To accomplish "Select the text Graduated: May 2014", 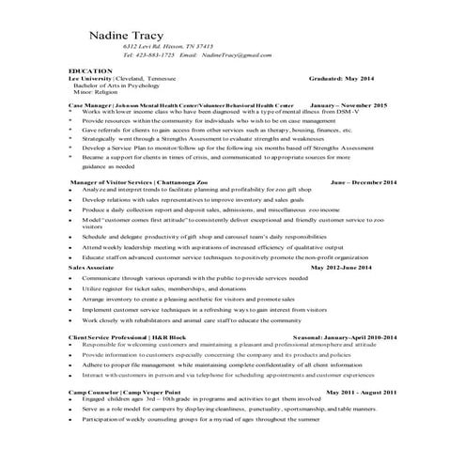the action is (x=346, y=79).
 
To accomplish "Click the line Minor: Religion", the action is (x=100, y=94).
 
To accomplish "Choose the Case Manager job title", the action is (x=92, y=106).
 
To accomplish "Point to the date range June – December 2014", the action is (x=364, y=181).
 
